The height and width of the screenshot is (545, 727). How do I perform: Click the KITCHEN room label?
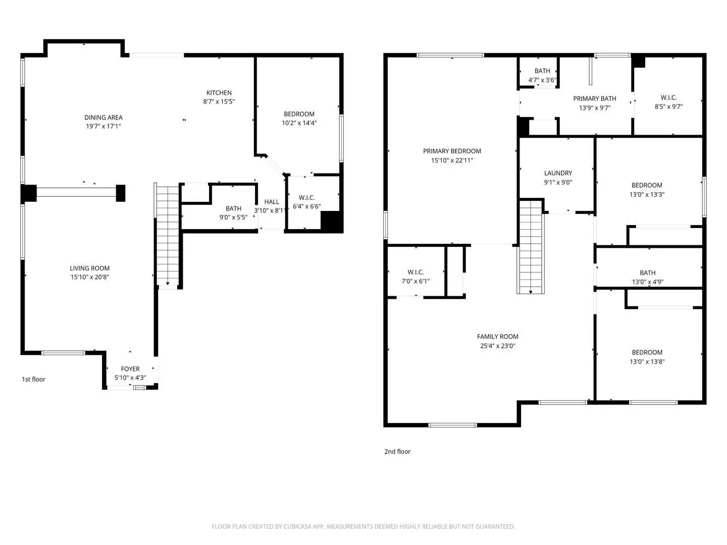tap(219, 93)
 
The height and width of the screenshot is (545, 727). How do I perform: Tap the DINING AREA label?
tap(103, 118)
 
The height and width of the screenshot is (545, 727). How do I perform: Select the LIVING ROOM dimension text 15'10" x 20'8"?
tap(90, 277)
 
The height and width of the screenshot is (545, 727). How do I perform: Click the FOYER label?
tap(130, 369)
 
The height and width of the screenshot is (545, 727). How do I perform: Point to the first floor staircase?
tap(168, 235)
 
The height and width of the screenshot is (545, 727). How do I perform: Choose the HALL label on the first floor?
tap(271, 202)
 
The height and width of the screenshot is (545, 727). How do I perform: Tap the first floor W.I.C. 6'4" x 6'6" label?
tap(306, 202)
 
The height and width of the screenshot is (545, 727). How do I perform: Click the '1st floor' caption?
tap(33, 379)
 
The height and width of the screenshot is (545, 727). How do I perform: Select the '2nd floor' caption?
tap(397, 452)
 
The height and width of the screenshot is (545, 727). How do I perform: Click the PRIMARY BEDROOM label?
tap(452, 151)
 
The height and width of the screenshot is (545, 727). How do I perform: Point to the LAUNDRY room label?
tap(558, 173)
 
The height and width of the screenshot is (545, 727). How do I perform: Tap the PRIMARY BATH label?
tap(594, 99)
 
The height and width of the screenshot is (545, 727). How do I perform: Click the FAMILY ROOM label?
tap(497, 337)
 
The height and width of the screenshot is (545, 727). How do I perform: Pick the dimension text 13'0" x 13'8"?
tap(647, 361)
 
